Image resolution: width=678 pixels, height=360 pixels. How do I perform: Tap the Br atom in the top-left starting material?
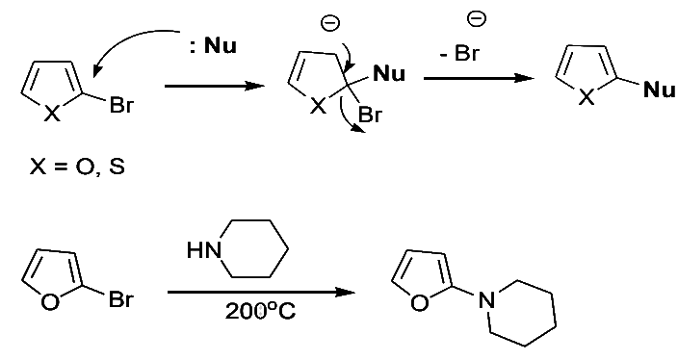pyautogui.click(x=121, y=106)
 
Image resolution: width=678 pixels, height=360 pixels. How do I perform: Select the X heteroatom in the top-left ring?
pyautogui.click(x=54, y=115)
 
